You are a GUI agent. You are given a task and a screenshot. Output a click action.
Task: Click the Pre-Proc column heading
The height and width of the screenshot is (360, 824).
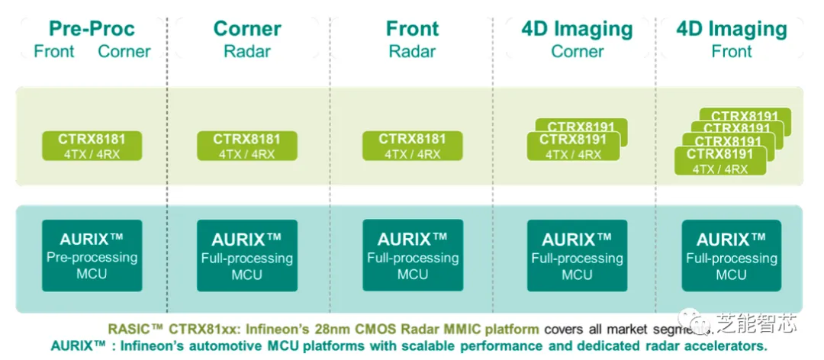pos(92,29)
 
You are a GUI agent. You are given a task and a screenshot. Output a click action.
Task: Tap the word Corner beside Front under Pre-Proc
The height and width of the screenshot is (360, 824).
pos(124,52)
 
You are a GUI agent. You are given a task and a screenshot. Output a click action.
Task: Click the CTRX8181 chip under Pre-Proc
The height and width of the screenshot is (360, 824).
pos(92,146)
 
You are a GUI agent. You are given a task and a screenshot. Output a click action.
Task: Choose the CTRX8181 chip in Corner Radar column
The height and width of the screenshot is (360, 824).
pos(246,146)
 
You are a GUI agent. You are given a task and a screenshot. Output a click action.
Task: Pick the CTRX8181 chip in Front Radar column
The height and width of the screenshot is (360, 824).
pos(412,146)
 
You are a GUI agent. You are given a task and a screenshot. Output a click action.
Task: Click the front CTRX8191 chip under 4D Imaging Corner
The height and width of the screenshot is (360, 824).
pos(573,146)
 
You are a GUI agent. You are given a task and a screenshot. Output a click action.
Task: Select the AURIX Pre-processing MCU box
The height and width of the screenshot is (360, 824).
pos(92,255)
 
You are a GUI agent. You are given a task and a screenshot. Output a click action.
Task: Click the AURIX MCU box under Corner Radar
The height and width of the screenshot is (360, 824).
pos(246,255)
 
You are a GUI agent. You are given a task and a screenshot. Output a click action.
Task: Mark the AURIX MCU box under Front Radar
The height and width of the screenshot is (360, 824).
pos(412,255)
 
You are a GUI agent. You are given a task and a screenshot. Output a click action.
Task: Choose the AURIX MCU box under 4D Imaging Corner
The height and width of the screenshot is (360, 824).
pos(577,255)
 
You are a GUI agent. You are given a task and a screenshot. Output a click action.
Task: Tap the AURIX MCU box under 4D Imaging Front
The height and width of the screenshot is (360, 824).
pos(731,255)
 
